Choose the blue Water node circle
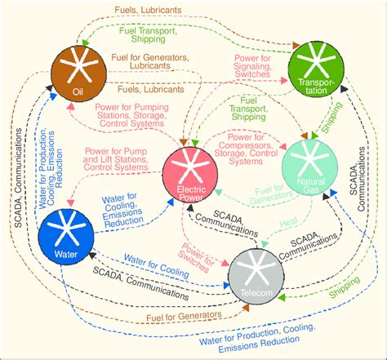64,233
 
